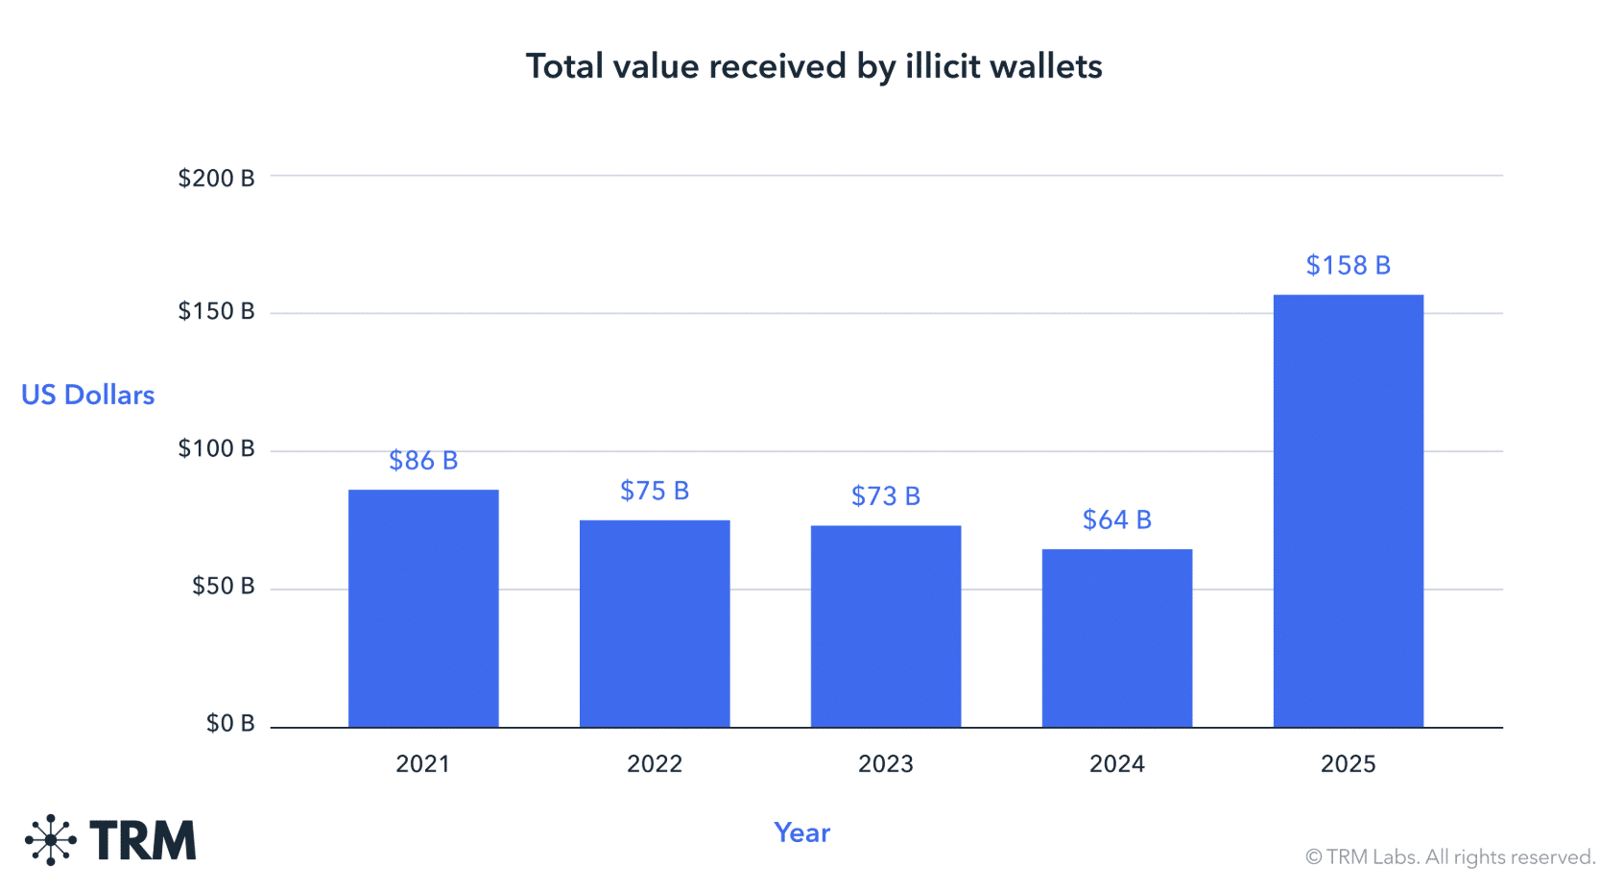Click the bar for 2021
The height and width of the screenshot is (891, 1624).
coord(423,608)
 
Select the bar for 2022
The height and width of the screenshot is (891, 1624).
coord(655,623)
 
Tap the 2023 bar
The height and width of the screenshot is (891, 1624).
coord(886,626)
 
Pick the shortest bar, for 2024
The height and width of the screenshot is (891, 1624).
coord(1117,638)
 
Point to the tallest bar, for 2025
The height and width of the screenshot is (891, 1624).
coord(1349,511)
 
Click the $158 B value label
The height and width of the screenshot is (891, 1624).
coord(1349,265)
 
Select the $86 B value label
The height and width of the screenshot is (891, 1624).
coord(423,461)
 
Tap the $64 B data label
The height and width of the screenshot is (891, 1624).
coord(1117,519)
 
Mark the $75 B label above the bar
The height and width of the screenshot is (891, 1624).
coord(655,491)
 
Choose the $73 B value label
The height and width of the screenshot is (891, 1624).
coord(886,495)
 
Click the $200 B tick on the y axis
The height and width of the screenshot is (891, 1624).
coord(216,178)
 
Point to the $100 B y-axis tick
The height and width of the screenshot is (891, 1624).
coord(216,448)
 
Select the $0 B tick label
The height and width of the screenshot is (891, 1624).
coord(230,723)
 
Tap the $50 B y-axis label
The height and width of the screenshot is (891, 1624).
coord(223,586)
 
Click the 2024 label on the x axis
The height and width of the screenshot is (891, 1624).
coord(1117,763)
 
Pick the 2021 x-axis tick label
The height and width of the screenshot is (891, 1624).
coord(423,763)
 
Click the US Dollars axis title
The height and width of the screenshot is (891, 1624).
coord(87,395)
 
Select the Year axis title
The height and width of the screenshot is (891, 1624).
coord(802,832)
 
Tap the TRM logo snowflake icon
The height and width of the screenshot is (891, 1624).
coord(51,840)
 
